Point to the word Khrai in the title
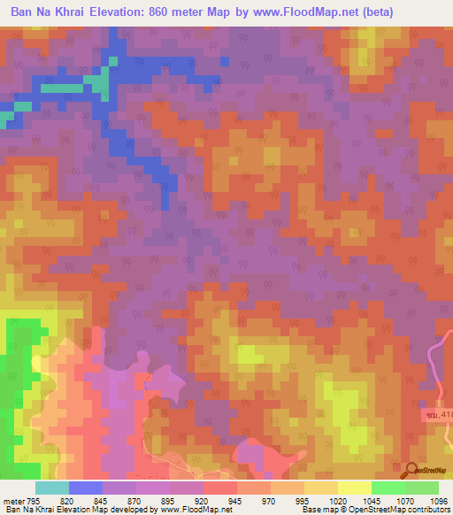(65, 12)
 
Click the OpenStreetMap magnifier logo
(411, 470)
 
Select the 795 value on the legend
(32, 500)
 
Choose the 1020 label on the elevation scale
(351, 500)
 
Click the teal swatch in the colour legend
(52, 488)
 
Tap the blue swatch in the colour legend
(86, 488)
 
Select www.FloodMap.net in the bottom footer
(183, 511)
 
